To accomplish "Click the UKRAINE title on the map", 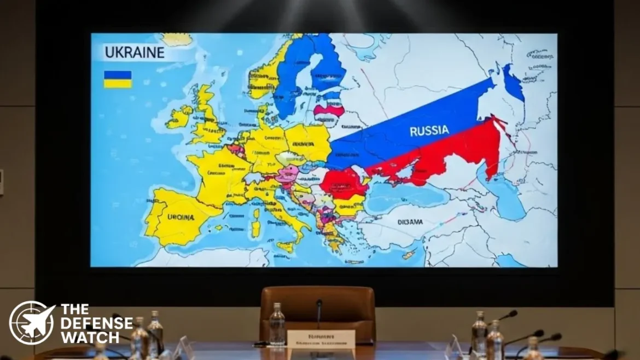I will [134, 53].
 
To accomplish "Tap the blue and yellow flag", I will [118, 79].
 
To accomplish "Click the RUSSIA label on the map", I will [429, 131].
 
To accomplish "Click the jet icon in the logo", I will [32, 323].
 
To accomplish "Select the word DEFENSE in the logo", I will [96, 323].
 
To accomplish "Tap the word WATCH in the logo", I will [90, 336].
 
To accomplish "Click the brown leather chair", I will [317, 312].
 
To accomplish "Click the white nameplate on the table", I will [321, 339].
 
